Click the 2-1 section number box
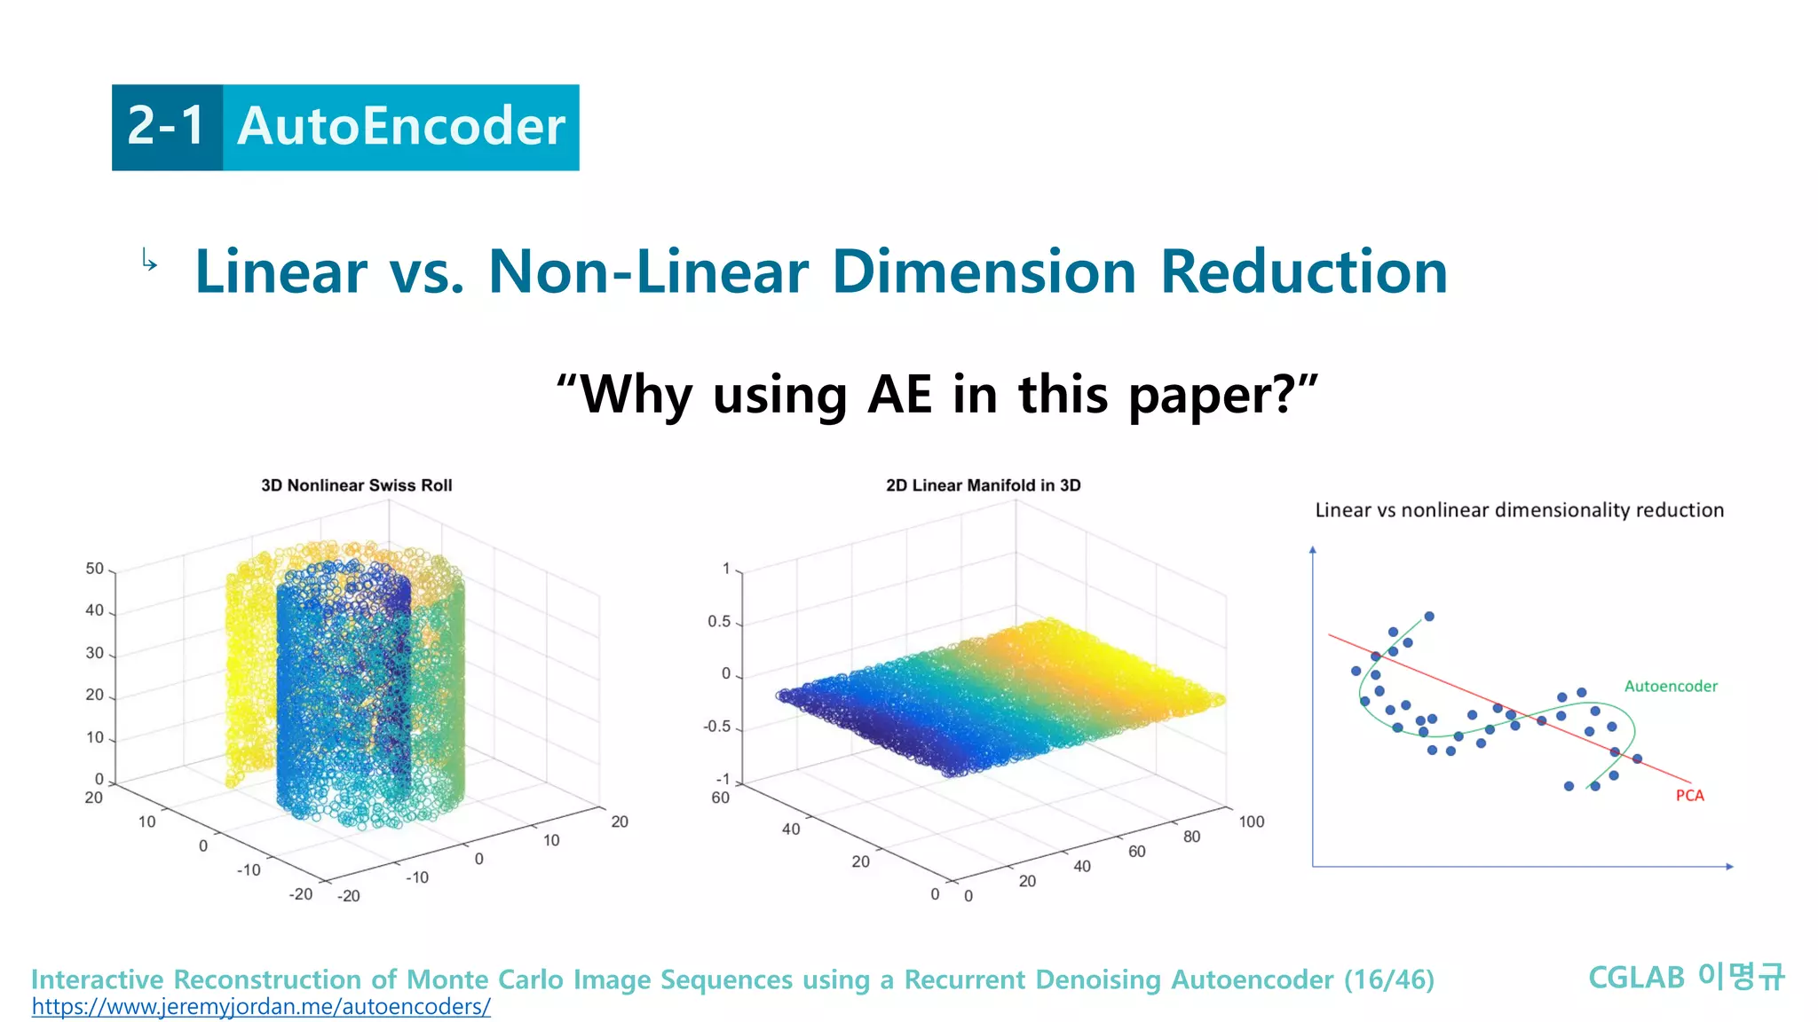coord(167,127)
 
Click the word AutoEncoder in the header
coord(401,127)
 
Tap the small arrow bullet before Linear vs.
coord(149,261)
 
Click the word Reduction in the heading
coord(1303,271)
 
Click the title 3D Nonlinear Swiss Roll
coord(357,485)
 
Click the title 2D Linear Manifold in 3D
coord(983,485)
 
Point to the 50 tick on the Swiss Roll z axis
coord(94,569)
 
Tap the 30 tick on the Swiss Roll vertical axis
coord(94,653)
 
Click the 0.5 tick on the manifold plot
coord(718,622)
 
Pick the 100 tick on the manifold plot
coord(1251,822)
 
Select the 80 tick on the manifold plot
coord(1191,837)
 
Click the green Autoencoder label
coord(1670,686)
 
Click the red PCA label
coord(1689,796)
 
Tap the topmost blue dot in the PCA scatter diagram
coord(1428,617)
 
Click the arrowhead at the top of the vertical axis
coord(1312,550)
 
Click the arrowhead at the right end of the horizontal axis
coord(1729,866)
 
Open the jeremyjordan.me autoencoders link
coord(261,1007)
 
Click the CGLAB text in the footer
coord(1635,978)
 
